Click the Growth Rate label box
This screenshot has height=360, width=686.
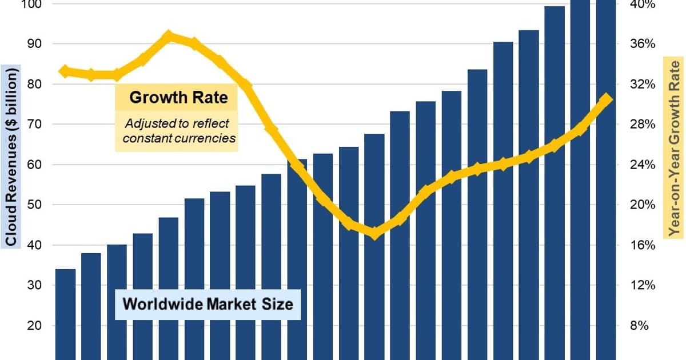coord(178,97)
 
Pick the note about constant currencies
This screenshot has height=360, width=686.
coord(176,131)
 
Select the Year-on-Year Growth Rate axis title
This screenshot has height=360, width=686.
coord(675,147)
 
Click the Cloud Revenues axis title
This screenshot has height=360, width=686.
coord(11,155)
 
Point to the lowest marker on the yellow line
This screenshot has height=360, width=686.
coord(374,233)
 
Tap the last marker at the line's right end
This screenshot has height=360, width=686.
coord(606,99)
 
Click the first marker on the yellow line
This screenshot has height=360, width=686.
coord(65,71)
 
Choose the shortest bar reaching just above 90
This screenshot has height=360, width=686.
coord(503,200)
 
